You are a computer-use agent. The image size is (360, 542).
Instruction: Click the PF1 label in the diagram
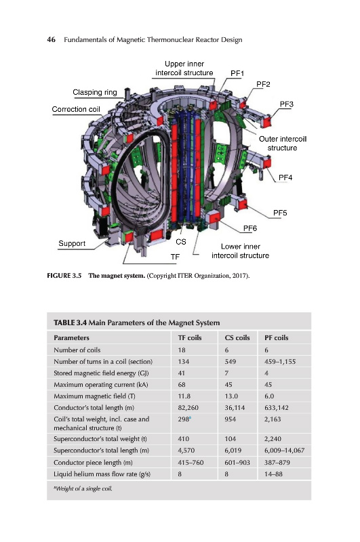pos(237,73)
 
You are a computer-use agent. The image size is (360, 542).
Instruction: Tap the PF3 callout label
pos(286,104)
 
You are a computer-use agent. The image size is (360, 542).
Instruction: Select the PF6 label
pos(250,228)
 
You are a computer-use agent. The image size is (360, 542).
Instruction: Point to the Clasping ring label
pos(95,92)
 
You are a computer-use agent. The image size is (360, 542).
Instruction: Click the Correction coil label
pos(76,109)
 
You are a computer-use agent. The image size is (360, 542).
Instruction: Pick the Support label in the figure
pos(72,243)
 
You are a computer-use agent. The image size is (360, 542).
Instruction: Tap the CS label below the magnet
pos(181,242)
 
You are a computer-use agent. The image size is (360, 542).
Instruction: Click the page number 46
pos(51,40)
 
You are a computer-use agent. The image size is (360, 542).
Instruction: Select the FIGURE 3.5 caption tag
pos(64,276)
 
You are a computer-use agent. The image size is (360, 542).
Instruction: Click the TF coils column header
pos(190,337)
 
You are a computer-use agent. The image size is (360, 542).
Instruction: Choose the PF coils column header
pos(277,337)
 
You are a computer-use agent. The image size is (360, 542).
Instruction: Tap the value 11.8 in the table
pos(184,396)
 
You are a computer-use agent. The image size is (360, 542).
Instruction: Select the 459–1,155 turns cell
pos(280,362)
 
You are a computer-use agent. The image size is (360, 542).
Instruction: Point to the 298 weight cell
pos(184,419)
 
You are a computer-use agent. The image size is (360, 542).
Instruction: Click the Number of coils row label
pos(77,350)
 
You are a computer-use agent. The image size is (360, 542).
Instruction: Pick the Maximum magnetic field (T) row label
pos(94,396)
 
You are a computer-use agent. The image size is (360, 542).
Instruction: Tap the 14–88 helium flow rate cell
pos(273,474)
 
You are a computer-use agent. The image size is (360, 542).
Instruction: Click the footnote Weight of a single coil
pos(83,488)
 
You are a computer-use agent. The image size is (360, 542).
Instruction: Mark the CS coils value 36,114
pos(235,408)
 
